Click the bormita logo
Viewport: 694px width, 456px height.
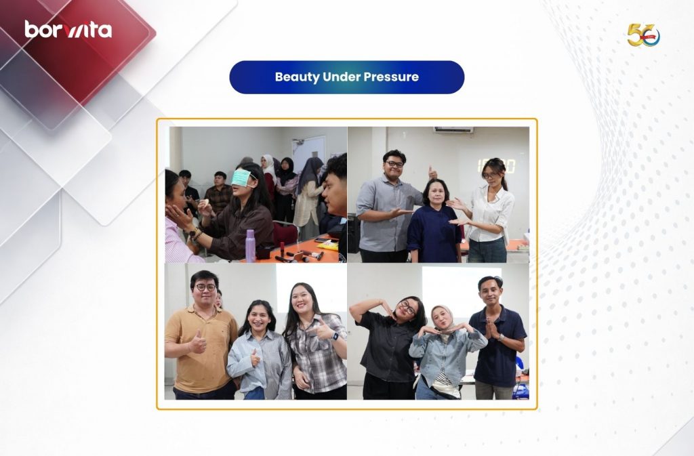tap(68, 29)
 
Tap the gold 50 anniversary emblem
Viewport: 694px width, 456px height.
tap(643, 35)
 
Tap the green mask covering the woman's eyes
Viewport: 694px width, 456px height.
tap(242, 178)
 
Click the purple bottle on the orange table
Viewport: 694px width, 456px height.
tap(250, 245)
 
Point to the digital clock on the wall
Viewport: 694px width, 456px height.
tap(495, 166)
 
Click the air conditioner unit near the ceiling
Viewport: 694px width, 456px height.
tap(453, 129)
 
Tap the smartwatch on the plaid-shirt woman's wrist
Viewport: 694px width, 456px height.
tap(335, 337)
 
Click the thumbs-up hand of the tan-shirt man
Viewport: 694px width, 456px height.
tap(197, 342)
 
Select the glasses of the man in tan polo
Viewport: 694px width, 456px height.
tap(205, 287)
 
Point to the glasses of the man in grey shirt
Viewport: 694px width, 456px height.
tap(394, 164)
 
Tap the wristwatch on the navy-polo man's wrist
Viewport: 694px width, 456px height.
tap(500, 337)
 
